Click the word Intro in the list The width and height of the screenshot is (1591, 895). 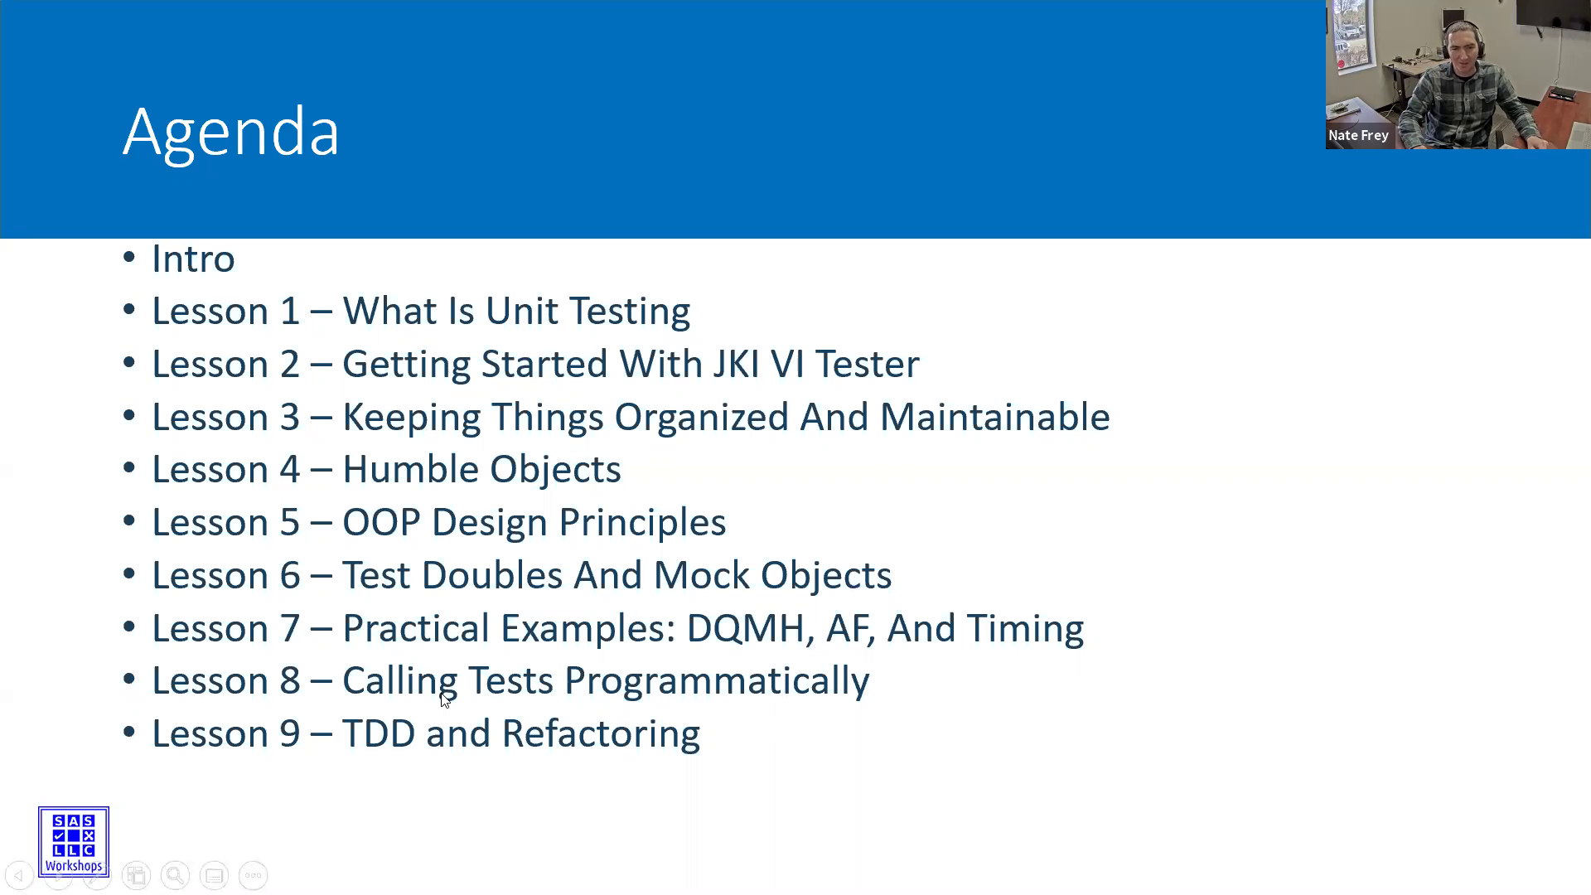click(193, 259)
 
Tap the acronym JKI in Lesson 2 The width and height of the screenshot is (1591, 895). click(736, 365)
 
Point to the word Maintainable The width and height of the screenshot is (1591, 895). click(994, 417)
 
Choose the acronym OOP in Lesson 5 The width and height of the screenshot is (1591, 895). click(381, 523)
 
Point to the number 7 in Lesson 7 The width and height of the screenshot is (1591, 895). click(289, 629)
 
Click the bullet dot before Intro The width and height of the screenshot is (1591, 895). click(129, 258)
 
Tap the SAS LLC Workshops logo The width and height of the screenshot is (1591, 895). click(74, 842)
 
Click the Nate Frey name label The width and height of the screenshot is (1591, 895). click(1358, 135)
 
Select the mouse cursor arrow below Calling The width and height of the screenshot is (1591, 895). click(445, 700)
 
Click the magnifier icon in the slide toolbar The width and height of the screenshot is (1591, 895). click(175, 875)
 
